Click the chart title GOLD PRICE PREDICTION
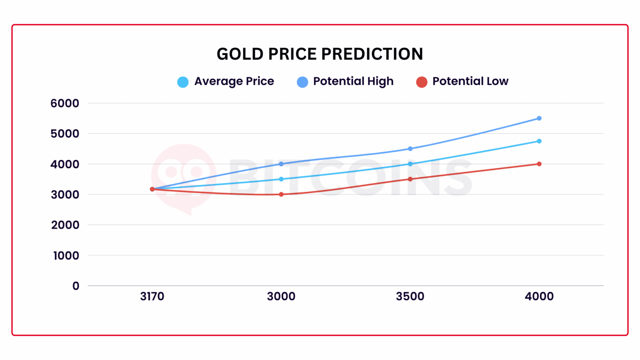point(320,54)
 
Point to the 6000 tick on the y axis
point(65,103)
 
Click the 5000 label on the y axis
point(65,134)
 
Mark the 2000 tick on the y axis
point(65,225)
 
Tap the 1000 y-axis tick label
point(66,255)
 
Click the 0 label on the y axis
point(75,286)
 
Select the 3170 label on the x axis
point(152,297)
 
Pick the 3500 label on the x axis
point(410,297)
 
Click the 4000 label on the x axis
point(539,297)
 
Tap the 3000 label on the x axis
point(281,297)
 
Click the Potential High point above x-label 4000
point(539,118)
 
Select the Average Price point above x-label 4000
point(539,141)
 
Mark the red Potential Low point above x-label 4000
point(539,164)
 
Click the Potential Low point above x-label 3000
point(281,195)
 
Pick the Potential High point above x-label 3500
point(410,149)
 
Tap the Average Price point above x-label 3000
point(281,179)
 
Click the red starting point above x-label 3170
point(152,189)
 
